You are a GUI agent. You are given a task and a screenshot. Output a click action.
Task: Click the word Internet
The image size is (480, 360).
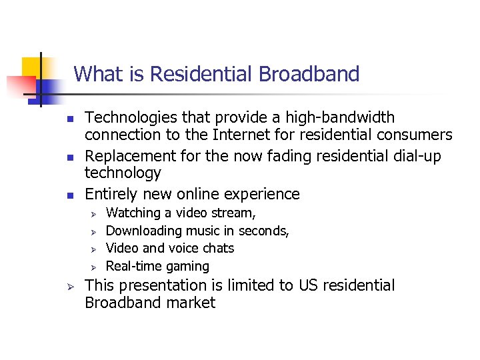239,135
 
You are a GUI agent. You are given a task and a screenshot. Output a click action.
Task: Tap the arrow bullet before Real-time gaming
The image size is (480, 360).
95,267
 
